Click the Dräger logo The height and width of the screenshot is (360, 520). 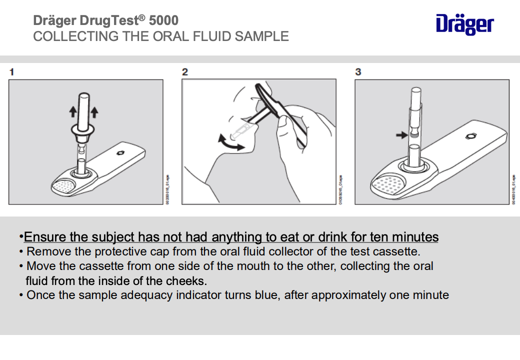pyautogui.click(x=464, y=24)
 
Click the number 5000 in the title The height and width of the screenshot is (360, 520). pyautogui.click(x=163, y=20)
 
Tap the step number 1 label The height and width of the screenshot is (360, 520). pyautogui.click(x=11, y=72)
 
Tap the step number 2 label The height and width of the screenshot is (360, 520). pyautogui.click(x=184, y=72)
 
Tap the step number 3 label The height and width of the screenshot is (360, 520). pyautogui.click(x=358, y=72)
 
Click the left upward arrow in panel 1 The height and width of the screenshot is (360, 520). pyautogui.click(x=72, y=111)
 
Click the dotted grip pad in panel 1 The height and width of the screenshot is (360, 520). pyautogui.click(x=64, y=186)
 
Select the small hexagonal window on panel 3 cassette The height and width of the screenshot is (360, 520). pyautogui.click(x=471, y=135)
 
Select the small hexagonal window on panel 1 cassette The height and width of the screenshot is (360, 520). pyautogui.click(x=120, y=153)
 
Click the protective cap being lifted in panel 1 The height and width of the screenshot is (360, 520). pyautogui.click(x=83, y=115)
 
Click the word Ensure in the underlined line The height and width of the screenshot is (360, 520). pyautogui.click(x=42, y=236)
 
